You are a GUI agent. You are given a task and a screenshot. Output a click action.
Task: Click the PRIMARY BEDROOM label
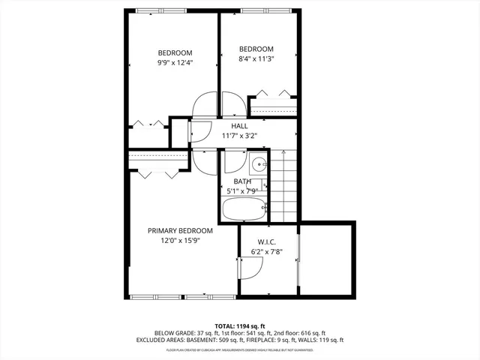coord(180,230)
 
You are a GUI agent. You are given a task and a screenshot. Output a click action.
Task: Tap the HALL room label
coord(239,126)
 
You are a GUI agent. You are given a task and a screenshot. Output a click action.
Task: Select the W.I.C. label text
coord(268,241)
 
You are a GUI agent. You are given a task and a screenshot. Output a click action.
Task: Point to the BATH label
coord(242,181)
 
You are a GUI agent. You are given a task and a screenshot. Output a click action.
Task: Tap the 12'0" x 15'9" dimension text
coord(180,240)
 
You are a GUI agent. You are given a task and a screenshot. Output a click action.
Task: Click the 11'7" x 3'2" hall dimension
coord(239,136)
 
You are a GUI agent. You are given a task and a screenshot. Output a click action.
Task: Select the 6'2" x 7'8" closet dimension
coord(268,251)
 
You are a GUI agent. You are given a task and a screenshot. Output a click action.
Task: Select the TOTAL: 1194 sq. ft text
coord(240,325)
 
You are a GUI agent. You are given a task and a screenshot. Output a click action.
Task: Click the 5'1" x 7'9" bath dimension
coord(242,190)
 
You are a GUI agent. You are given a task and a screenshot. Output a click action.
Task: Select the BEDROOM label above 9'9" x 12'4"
coord(175,52)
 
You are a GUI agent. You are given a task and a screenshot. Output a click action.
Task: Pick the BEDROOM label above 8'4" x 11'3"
coord(256,49)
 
